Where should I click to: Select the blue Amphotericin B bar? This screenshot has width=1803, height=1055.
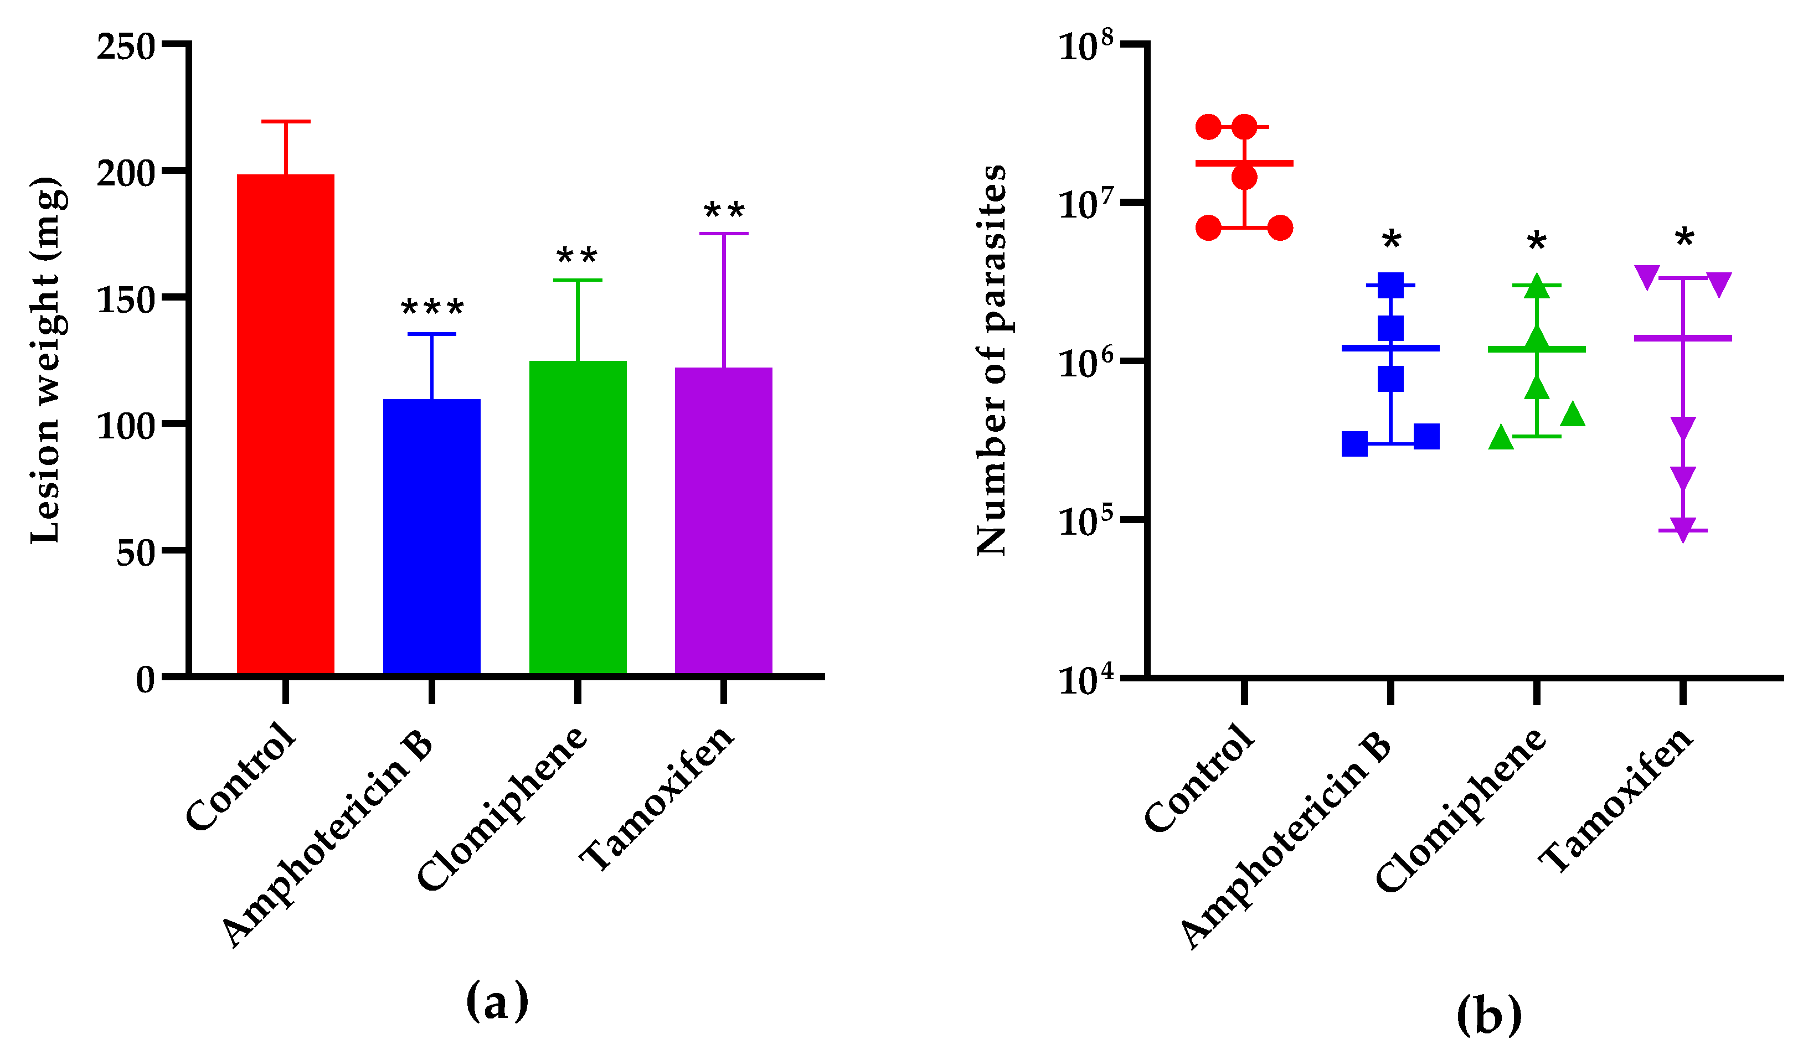pos(431,536)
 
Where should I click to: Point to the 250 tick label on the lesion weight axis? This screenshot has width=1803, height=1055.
pos(125,48)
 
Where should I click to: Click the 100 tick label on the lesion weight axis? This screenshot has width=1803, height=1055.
pos(125,427)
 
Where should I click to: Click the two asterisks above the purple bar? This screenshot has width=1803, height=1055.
pos(724,211)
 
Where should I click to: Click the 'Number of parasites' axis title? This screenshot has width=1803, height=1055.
pos(992,360)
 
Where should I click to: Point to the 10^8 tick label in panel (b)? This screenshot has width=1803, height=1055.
pos(1086,46)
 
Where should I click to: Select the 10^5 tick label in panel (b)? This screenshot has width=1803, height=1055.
pos(1086,521)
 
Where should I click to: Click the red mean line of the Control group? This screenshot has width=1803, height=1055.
pos(1244,163)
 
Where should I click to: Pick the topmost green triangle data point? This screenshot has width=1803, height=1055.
pos(1536,286)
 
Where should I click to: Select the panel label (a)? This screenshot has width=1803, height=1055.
pos(497,1001)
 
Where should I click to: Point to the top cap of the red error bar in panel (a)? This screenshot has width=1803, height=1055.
pos(286,122)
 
